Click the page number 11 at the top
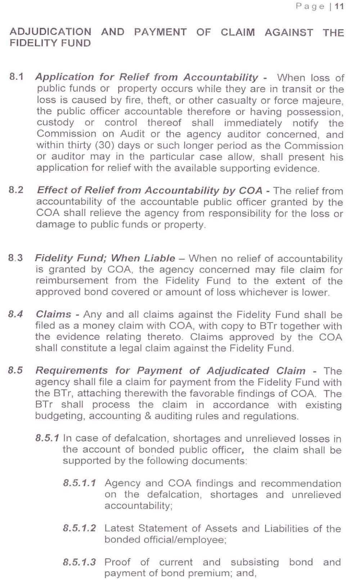coord(339,6)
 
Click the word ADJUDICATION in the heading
coord(50,32)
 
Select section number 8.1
coord(17,77)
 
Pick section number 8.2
coord(16,190)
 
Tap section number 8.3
coord(15,258)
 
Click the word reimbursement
coord(72,281)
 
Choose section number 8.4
coord(15,314)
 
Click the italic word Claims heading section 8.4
coord(53,314)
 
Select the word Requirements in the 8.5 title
coord(72,370)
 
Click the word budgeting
coord(60,416)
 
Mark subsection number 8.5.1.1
coord(80,483)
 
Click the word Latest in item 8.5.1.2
coord(119,529)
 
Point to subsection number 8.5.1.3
coord(80,562)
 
